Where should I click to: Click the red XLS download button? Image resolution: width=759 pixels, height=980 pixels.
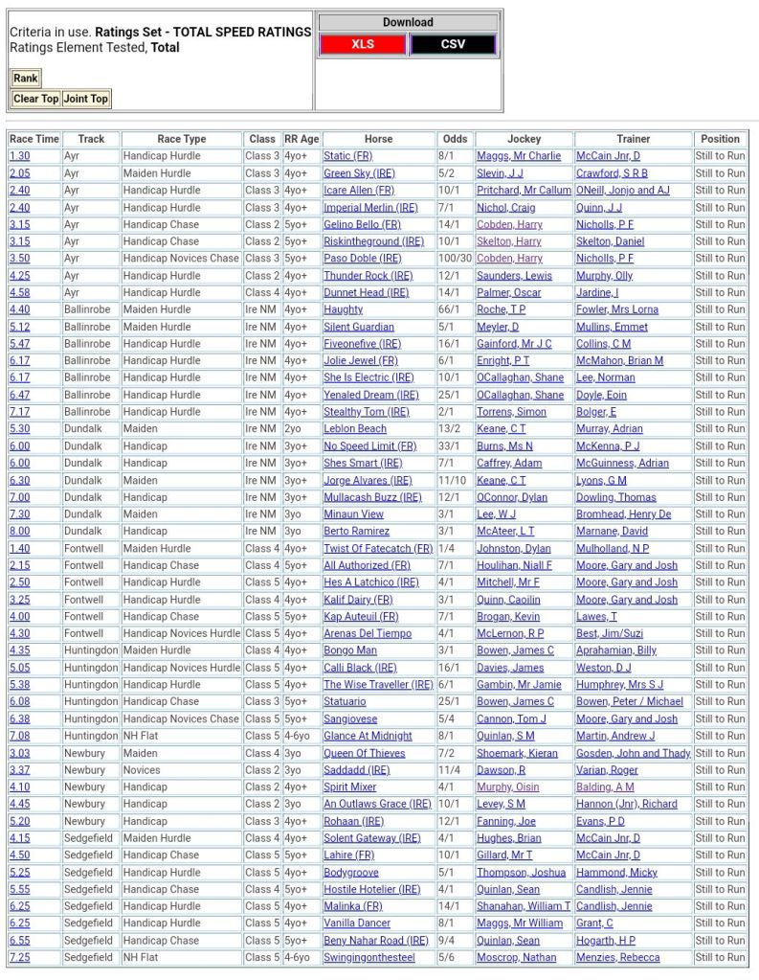click(x=363, y=44)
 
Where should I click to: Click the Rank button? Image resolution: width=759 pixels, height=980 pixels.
click(x=26, y=79)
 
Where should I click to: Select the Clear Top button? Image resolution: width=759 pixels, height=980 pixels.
click(x=36, y=99)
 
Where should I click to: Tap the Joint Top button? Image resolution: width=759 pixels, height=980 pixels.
click(x=86, y=99)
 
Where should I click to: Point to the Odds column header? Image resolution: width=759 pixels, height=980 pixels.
click(x=456, y=139)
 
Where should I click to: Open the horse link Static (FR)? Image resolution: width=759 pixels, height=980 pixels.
click(x=347, y=156)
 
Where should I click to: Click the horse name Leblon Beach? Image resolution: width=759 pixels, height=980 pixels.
click(x=354, y=429)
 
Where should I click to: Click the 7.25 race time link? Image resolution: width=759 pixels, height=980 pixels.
click(x=19, y=957)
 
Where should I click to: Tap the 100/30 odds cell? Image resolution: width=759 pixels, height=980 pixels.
click(x=456, y=259)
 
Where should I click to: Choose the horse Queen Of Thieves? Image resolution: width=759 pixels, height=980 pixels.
click(x=364, y=753)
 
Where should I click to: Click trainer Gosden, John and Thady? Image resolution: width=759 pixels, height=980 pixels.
click(x=633, y=753)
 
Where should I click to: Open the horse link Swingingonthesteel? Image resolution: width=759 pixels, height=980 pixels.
click(x=368, y=957)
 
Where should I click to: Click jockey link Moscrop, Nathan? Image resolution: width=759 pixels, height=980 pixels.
click(x=516, y=957)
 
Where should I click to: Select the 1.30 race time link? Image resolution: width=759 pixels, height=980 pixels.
click(x=19, y=156)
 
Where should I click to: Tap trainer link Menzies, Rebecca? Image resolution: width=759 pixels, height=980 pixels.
click(x=617, y=957)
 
